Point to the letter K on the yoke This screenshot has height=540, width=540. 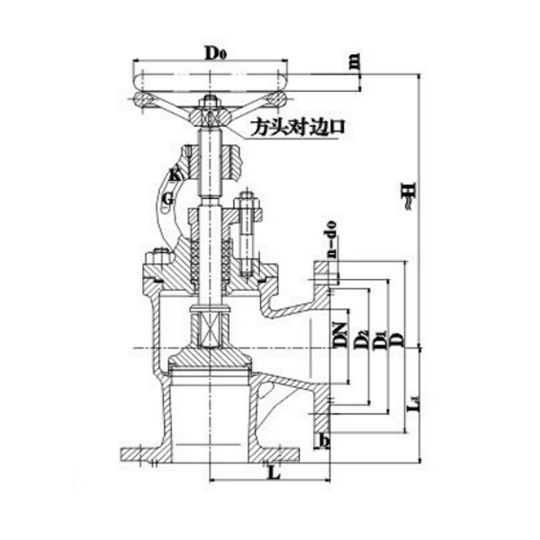(175, 175)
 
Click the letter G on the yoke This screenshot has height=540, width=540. (167, 196)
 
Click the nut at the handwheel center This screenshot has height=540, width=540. (210, 101)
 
